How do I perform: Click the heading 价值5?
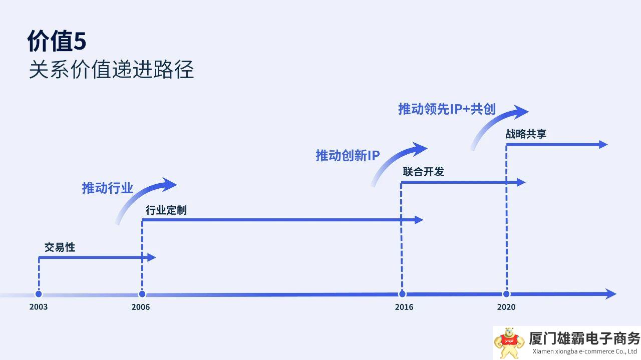coord(57,42)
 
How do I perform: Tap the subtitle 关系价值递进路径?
coord(111,70)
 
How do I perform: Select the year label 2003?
coord(38,307)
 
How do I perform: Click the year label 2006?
coord(141,307)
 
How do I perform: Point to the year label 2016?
coord(404,307)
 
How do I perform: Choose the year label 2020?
coord(506,307)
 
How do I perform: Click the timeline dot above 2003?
coord(39,294)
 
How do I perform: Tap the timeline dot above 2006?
coord(142,294)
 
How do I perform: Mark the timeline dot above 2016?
coord(402,294)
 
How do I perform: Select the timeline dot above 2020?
coord(506,294)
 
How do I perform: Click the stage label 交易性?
coord(60,247)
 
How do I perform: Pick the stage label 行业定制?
coord(166,210)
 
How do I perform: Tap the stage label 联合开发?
coord(423,172)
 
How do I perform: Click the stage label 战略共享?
coord(526,134)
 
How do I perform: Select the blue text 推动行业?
coord(108,188)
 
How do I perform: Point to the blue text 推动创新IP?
coord(348,156)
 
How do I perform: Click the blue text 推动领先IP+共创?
coord(447,109)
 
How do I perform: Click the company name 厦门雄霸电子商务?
coord(584,338)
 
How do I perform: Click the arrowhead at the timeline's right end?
coord(611,294)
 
